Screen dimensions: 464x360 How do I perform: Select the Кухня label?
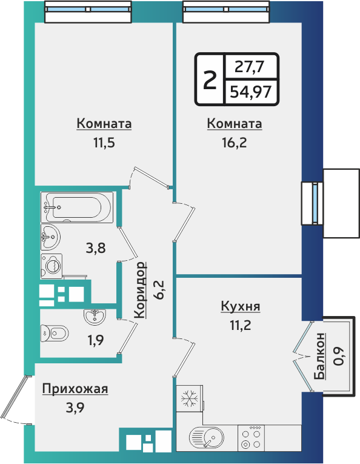(241, 306)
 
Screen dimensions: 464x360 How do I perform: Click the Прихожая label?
(75, 389)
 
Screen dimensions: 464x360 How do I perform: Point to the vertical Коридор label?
(140, 290)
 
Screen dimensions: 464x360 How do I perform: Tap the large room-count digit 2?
(209, 79)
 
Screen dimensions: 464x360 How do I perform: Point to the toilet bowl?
(55, 333)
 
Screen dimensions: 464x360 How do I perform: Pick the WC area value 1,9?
(96, 340)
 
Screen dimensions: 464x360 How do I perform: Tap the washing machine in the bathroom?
(53, 264)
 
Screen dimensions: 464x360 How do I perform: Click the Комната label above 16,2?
(235, 124)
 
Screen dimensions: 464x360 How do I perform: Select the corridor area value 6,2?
(159, 290)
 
